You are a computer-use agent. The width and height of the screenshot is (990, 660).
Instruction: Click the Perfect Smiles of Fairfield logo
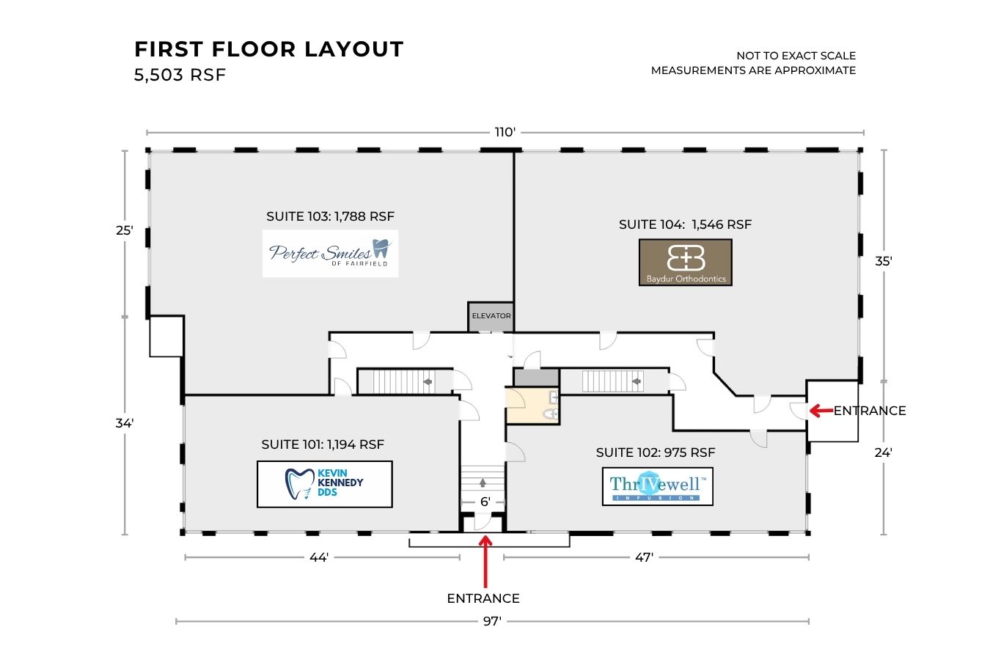[330, 254]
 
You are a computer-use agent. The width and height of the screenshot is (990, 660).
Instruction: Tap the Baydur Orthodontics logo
[686, 262]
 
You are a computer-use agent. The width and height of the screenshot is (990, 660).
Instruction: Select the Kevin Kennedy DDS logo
[324, 484]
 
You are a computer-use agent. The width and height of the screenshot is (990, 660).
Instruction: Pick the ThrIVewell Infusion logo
[657, 486]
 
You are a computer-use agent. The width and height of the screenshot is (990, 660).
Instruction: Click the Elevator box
[491, 316]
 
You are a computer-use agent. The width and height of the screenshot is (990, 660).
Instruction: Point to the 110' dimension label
[505, 132]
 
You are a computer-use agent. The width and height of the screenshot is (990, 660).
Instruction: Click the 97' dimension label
[492, 621]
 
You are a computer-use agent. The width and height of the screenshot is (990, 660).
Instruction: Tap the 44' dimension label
[318, 557]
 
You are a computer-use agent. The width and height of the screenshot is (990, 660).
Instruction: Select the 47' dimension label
[644, 557]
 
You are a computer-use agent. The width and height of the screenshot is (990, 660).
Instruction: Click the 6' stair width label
[485, 502]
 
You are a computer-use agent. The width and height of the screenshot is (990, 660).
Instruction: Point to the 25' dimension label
[125, 230]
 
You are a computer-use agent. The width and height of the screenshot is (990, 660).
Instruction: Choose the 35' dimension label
[884, 261]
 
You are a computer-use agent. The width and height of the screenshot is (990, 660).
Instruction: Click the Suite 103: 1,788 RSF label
[330, 216]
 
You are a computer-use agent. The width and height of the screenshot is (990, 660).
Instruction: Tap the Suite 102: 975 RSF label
[655, 452]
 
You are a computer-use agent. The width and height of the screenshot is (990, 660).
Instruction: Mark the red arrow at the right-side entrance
[821, 411]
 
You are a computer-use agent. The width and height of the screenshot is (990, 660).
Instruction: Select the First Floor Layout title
[268, 49]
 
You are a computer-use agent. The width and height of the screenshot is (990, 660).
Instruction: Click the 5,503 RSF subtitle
[180, 75]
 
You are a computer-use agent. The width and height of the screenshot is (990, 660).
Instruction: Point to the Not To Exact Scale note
[796, 56]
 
